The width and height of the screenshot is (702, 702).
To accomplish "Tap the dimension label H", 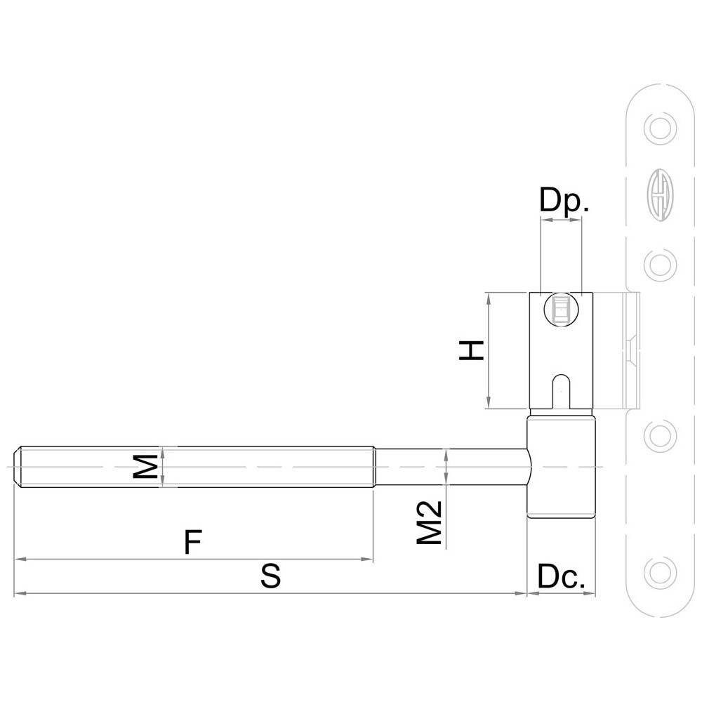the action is (x=472, y=350).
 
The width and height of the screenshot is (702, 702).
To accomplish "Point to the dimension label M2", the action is (x=430, y=522).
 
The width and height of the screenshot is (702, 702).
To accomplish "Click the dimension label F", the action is (x=193, y=542).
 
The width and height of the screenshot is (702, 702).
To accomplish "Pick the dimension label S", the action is (x=271, y=576).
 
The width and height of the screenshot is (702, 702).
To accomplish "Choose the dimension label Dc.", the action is (x=561, y=576).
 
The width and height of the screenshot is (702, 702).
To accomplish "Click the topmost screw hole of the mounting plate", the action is (x=660, y=129).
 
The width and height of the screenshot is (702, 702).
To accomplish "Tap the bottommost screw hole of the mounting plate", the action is (x=660, y=573).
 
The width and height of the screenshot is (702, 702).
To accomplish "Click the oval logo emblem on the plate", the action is (x=660, y=194).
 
